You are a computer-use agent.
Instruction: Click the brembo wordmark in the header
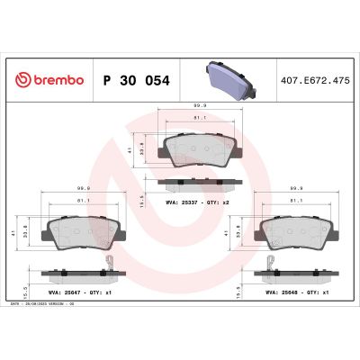[x=57, y=80]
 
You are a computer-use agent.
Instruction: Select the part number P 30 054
[x=137, y=80]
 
